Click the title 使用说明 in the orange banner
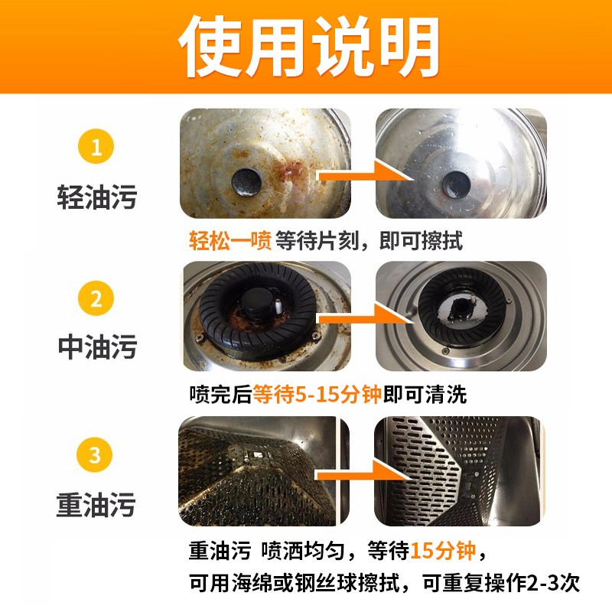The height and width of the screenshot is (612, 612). point(309,46)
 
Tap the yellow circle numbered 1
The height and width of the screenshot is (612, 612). point(96,146)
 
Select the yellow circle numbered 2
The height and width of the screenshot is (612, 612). point(96,298)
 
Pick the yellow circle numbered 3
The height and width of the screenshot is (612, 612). point(95,454)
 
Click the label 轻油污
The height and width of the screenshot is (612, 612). point(97,197)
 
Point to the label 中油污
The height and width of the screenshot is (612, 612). point(97,347)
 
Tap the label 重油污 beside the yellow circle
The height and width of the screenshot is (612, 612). point(96,505)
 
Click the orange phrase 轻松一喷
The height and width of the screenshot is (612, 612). point(230,240)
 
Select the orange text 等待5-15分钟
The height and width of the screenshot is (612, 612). point(317,394)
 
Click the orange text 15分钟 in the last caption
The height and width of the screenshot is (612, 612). point(443,551)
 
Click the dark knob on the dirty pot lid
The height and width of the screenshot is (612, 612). point(246,182)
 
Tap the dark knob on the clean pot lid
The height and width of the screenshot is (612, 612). point(456,184)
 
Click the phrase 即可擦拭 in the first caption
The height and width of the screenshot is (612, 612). point(422,240)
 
